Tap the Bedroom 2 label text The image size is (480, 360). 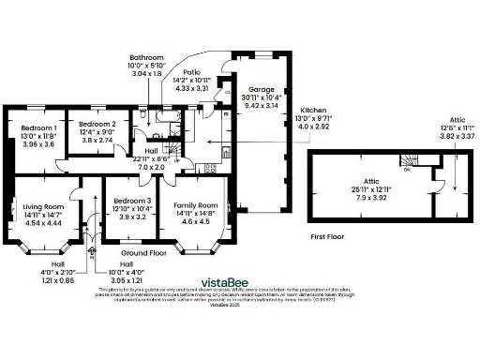click(x=97, y=124)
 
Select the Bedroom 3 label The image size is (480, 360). click(x=131, y=200)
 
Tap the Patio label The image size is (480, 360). click(x=192, y=71)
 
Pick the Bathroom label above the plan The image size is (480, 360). click(x=147, y=57)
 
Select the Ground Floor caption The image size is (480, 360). click(x=144, y=253)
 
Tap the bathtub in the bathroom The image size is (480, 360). click(x=147, y=120)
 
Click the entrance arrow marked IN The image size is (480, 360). click(x=92, y=246)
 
